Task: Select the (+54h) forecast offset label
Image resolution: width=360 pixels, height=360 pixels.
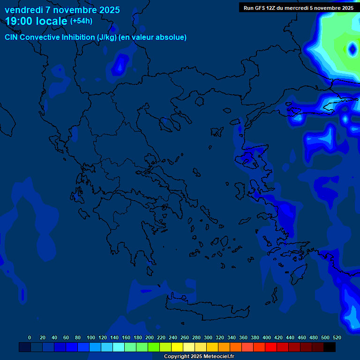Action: point(81,21)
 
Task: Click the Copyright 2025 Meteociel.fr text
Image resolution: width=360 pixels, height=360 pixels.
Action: point(199,357)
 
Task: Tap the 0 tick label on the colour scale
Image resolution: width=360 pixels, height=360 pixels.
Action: point(30,337)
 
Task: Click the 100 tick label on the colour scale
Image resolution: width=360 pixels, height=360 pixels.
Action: point(91,337)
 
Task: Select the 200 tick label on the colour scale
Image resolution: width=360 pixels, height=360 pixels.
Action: point(150,337)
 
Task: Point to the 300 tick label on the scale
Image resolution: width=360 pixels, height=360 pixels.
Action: point(208,337)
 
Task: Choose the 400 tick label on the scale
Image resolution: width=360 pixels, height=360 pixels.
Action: point(267,337)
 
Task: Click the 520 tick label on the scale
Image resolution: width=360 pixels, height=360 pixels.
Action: point(337,337)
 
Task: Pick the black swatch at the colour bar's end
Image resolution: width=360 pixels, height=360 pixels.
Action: point(330,347)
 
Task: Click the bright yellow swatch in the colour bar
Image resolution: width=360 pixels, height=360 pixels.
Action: point(177,347)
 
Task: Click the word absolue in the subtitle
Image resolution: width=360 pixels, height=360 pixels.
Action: point(171,37)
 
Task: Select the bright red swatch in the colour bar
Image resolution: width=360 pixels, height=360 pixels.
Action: point(271,347)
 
